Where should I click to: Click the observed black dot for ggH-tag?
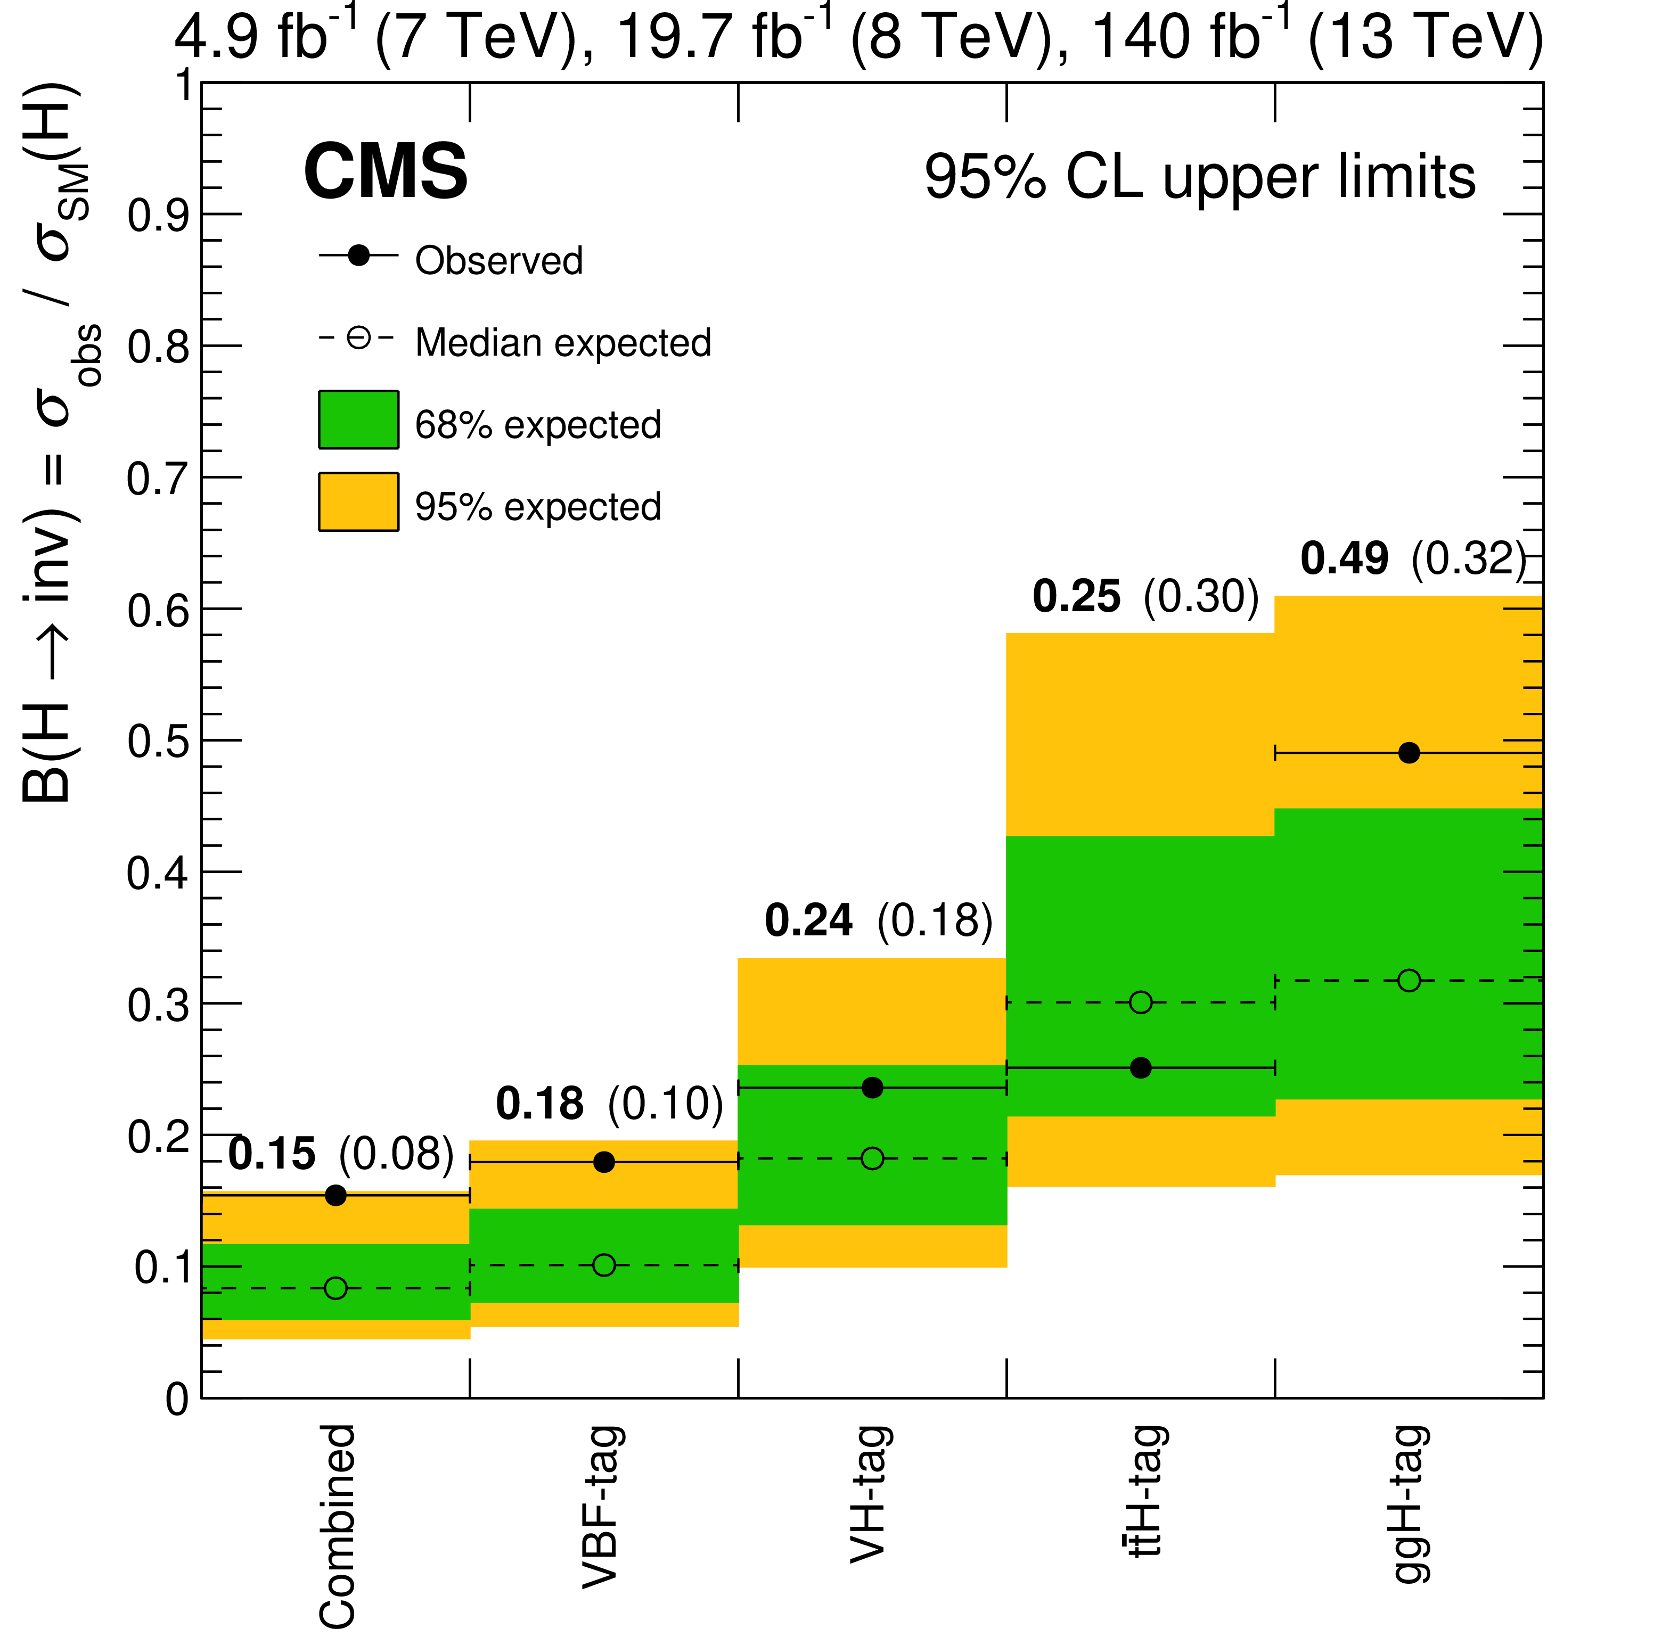[1409, 753]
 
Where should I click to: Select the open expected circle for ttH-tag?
[1141, 1002]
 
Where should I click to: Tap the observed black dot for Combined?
[336, 1196]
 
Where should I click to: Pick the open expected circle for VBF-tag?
[604, 1265]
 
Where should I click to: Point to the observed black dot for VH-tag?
[873, 1088]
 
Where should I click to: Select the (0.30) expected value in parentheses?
[1201, 596]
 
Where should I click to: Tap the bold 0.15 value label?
[271, 1154]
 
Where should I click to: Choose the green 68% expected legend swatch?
[358, 420]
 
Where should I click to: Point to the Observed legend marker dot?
[358, 256]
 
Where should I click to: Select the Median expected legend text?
[562, 343]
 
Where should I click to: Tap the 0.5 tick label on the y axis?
[157, 741]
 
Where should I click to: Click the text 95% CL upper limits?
[1199, 177]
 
